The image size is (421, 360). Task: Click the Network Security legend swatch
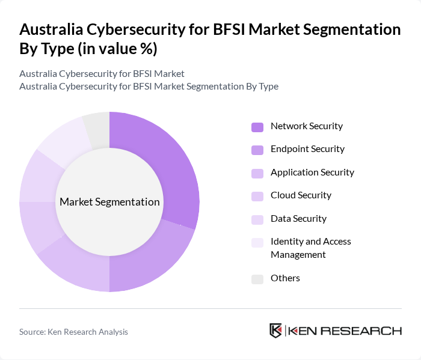[257, 127]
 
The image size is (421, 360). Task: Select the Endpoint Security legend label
[307, 149]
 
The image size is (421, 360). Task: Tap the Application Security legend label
[312, 172]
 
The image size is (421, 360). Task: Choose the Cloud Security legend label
[301, 195]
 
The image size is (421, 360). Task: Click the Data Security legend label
[298, 219]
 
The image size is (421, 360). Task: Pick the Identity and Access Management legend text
[310, 248]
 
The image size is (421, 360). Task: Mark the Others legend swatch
[257, 279]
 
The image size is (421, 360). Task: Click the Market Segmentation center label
[109, 202]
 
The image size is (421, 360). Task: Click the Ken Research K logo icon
[275, 331]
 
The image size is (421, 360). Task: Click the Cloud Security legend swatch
[257, 196]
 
